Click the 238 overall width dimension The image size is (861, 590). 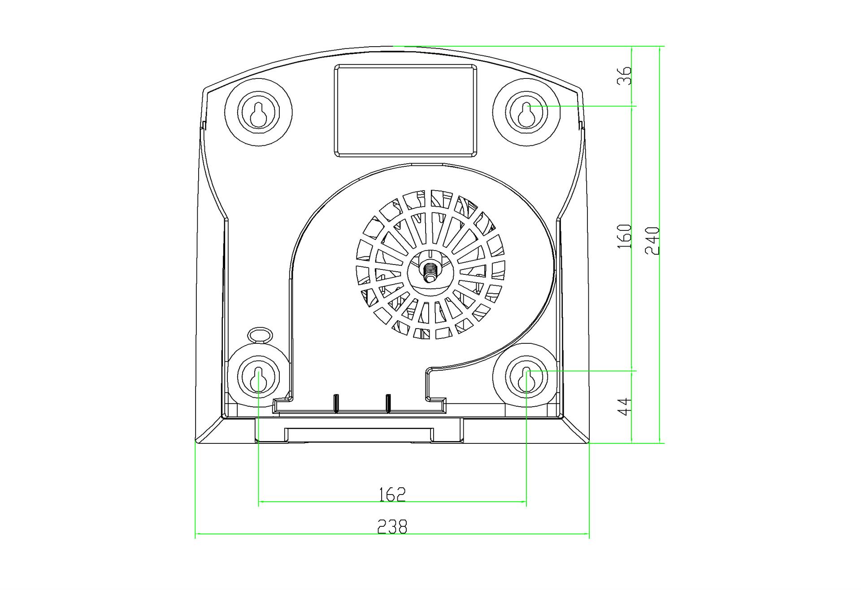[x=392, y=526]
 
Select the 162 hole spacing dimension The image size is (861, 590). [x=392, y=495]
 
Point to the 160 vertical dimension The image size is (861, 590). [x=624, y=237]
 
